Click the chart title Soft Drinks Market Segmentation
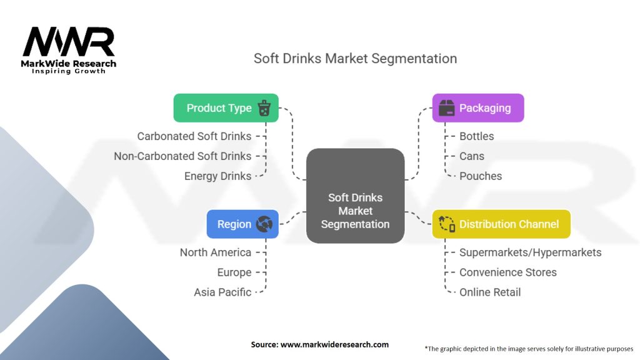click(355, 59)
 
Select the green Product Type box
click(226, 108)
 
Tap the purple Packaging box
click(478, 108)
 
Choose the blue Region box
click(242, 224)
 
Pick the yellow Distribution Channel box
click(501, 224)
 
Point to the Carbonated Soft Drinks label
click(194, 136)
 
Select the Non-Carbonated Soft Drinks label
click(182, 156)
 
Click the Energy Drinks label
click(217, 176)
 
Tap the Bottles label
click(476, 136)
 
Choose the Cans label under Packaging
click(472, 156)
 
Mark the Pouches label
click(481, 176)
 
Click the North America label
click(216, 252)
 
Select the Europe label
click(234, 272)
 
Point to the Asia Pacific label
click(222, 292)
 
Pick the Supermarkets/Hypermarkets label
click(530, 252)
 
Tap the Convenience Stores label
click(508, 272)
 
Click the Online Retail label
click(490, 292)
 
